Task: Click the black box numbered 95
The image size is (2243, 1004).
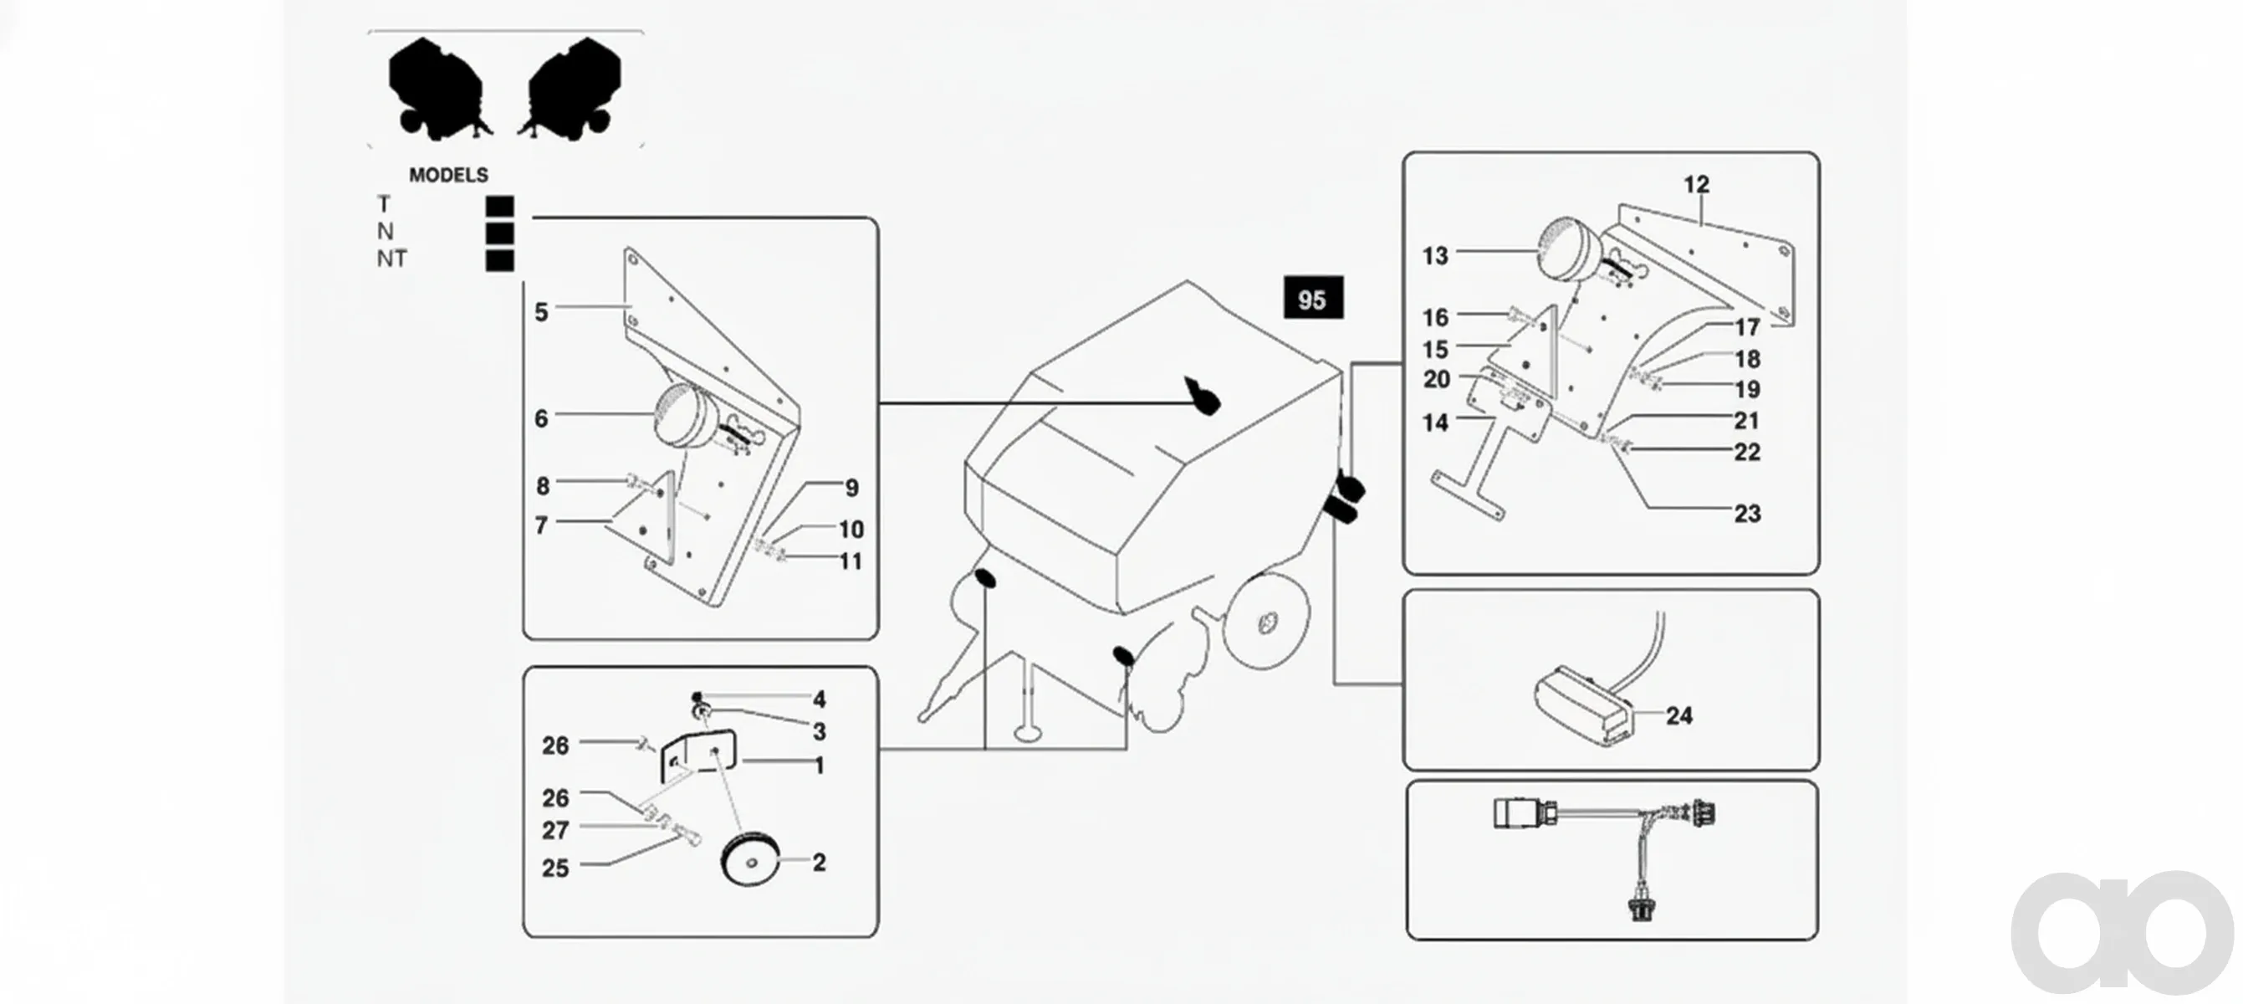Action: tap(1313, 299)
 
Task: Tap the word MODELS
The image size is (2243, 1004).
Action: tap(448, 175)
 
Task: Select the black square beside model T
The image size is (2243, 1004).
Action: tap(500, 207)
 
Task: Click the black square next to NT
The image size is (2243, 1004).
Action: tap(500, 260)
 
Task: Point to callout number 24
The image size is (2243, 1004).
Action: tap(1678, 716)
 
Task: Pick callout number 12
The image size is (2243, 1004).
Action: tap(1696, 185)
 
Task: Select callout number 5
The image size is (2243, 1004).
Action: tap(541, 312)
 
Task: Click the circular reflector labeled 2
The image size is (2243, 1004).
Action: tap(749, 859)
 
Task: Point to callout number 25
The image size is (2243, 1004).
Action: tap(555, 868)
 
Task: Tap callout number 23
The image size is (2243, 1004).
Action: tap(1747, 514)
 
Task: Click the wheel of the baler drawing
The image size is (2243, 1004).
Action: tap(1266, 622)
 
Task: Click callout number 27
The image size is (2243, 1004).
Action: tap(555, 831)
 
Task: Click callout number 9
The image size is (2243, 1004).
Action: tap(851, 489)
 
